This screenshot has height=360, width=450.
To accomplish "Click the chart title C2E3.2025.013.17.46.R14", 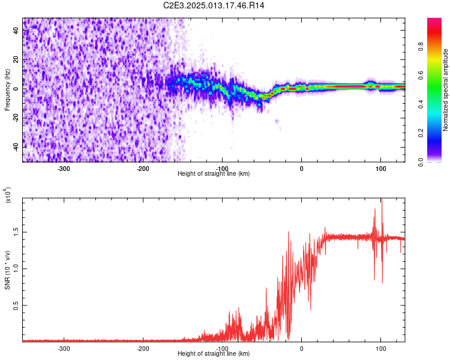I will pos(214,5).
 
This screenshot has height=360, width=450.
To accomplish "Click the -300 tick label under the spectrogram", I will pos(64,168).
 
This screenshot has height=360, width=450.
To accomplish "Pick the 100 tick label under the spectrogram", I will pos(380,168).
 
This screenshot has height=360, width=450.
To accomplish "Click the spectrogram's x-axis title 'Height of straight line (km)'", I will pos(214,173).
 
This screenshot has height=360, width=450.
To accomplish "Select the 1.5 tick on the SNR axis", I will pos(15,231).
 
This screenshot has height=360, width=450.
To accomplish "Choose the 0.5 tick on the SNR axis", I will pos(15,305).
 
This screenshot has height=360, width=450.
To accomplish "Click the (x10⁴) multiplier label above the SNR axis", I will pos(8,196).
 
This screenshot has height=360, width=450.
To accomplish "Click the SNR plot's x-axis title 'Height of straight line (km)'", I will pos(214,353).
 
